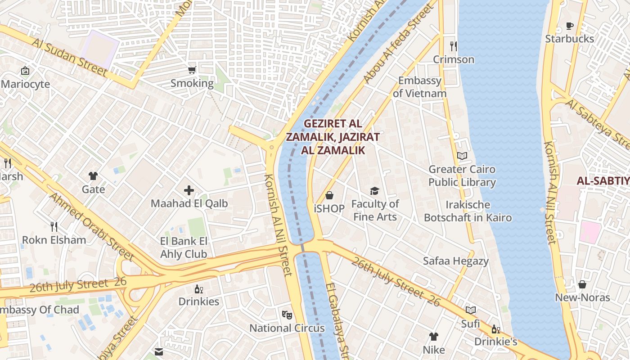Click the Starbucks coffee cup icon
pyautogui.click(x=569, y=26)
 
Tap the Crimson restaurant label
pyautogui.click(x=454, y=59)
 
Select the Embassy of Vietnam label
pyautogui.click(x=419, y=87)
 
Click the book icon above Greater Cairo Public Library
pyautogui.click(x=462, y=156)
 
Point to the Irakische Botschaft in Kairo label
pyautogui.click(x=468, y=211)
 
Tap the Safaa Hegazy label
pyautogui.click(x=455, y=261)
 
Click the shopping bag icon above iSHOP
pyautogui.click(x=329, y=195)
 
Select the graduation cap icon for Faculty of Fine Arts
pyautogui.click(x=375, y=191)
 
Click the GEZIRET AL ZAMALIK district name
pyautogui.click(x=333, y=137)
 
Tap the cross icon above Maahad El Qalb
pyautogui.click(x=189, y=190)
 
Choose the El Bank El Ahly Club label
pyautogui.click(x=184, y=247)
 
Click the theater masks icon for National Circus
pyautogui.click(x=287, y=315)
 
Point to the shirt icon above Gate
pyautogui.click(x=93, y=176)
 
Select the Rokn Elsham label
pyautogui.click(x=54, y=240)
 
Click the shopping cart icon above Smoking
pyautogui.click(x=192, y=70)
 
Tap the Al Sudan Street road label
pyautogui.click(x=70, y=57)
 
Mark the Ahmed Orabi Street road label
pyautogui.click(x=92, y=227)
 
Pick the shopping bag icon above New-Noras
pyautogui.click(x=582, y=284)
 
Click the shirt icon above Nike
pyautogui.click(x=434, y=336)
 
